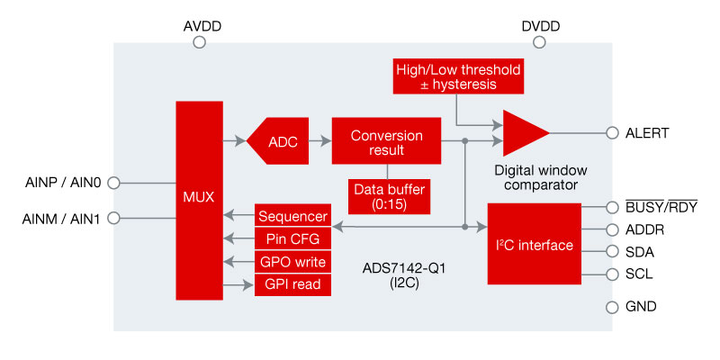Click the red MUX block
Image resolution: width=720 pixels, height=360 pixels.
click(198, 199)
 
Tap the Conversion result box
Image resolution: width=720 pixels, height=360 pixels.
click(386, 141)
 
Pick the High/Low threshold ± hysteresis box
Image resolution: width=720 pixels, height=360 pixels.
click(457, 76)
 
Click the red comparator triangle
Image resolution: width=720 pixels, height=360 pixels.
click(523, 132)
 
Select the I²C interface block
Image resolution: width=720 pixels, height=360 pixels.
click(534, 244)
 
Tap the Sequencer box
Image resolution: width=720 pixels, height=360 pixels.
click(292, 216)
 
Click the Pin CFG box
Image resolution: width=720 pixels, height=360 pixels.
click(292, 238)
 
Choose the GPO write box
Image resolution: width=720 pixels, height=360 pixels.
click(292, 262)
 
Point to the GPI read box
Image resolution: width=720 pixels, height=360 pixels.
click(292, 284)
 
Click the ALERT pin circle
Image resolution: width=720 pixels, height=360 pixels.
click(613, 133)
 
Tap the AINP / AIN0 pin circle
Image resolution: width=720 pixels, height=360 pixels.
click(113, 183)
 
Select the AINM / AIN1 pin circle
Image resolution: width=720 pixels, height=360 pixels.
click(113, 218)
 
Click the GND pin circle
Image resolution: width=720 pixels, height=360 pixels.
click(613, 306)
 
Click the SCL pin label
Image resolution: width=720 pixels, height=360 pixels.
click(640, 274)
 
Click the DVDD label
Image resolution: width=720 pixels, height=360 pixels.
click(541, 27)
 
